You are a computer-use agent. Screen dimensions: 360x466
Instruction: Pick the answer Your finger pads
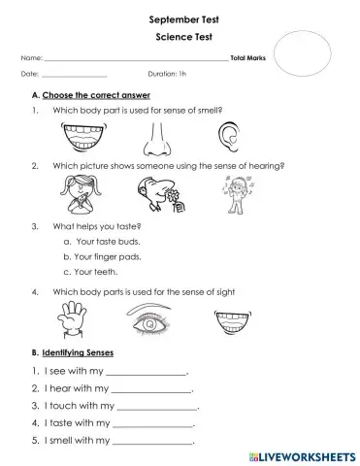point(106,256)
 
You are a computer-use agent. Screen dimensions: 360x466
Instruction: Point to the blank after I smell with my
point(155,442)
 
